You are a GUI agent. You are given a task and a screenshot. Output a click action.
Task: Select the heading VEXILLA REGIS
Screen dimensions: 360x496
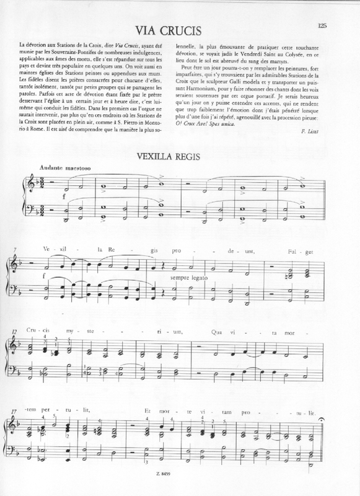pos(180,155)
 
